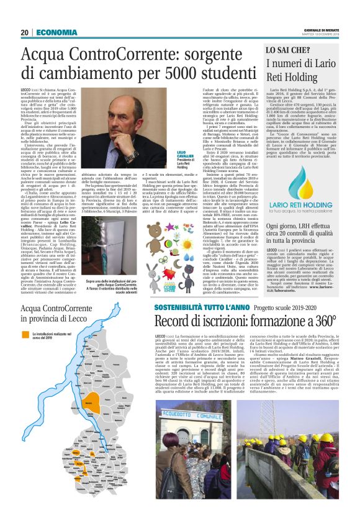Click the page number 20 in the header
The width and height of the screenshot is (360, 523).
coord(25,32)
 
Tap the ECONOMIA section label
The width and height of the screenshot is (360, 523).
coord(56,32)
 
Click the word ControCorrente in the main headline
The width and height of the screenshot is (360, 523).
coord(125,56)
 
